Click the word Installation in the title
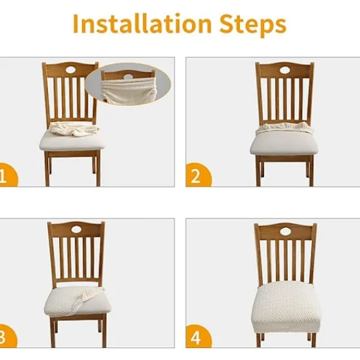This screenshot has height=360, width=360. (142, 24)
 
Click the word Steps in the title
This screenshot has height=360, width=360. (253, 25)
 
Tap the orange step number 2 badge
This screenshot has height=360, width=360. (199, 175)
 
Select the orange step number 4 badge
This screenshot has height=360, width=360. (199, 336)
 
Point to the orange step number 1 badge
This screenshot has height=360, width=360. (7, 175)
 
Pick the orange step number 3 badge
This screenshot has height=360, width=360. (7, 336)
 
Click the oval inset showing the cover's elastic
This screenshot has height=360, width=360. (128, 84)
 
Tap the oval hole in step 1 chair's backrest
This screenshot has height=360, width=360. (71, 70)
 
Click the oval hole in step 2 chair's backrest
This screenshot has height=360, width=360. (285, 70)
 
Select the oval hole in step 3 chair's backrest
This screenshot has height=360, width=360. (77, 229)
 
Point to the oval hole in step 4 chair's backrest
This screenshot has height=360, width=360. (286, 232)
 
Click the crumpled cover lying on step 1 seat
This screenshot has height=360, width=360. (74, 129)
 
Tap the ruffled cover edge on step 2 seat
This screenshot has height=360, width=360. (284, 128)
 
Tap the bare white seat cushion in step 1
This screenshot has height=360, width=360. (71, 142)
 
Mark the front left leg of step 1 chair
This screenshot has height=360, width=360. (47, 169)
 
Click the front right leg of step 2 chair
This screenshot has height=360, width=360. (311, 171)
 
